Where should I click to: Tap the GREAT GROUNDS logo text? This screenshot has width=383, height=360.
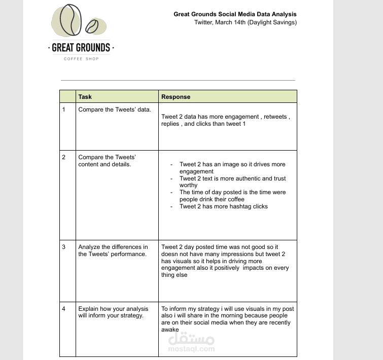pyautogui.click(x=81, y=48)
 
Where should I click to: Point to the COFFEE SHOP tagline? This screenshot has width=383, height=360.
pyautogui.click(x=81, y=59)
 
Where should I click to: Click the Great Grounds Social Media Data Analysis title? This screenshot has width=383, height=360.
pyautogui.click(x=235, y=14)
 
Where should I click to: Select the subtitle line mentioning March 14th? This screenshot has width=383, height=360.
pyautogui.click(x=245, y=22)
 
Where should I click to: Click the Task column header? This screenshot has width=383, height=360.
pyautogui.click(x=85, y=97)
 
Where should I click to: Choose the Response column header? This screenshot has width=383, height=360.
pyautogui.click(x=176, y=97)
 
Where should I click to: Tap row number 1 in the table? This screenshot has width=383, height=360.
pyautogui.click(x=64, y=110)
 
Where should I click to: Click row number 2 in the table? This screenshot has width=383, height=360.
pyautogui.click(x=64, y=157)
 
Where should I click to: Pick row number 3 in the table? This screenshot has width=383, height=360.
pyautogui.click(x=64, y=247)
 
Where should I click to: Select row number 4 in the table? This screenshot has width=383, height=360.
pyautogui.click(x=64, y=308)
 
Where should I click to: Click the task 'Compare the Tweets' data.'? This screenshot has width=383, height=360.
pyautogui.click(x=114, y=110)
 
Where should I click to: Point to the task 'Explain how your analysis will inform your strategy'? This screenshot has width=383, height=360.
pyautogui.click(x=113, y=312)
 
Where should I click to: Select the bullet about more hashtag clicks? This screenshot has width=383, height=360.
pyautogui.click(x=223, y=206)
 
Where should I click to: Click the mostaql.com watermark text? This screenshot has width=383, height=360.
pyautogui.click(x=191, y=349)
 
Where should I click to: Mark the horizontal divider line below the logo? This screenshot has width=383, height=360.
pyautogui.click(x=178, y=80)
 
